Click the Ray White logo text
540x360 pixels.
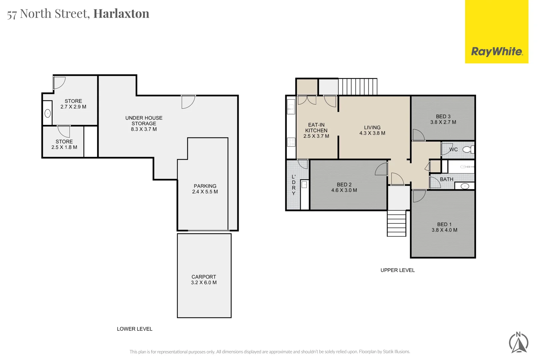pyautogui.click(x=497, y=52)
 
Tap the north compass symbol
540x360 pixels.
pyautogui.click(x=519, y=343)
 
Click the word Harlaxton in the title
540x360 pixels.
pyautogui.click(x=121, y=14)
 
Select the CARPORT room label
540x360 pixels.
pyautogui.click(x=204, y=277)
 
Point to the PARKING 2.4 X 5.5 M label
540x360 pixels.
pyautogui.click(x=205, y=189)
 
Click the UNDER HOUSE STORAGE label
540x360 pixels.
pyautogui.click(x=144, y=121)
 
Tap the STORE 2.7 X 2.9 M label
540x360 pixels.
pyautogui.click(x=73, y=104)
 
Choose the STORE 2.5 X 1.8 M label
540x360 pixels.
pyautogui.click(x=64, y=144)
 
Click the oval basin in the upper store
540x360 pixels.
pyautogui.click(x=48, y=114)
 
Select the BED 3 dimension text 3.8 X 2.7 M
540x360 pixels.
pyautogui.click(x=443, y=122)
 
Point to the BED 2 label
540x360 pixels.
pyautogui.click(x=344, y=185)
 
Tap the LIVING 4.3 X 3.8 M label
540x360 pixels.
pyautogui.click(x=372, y=130)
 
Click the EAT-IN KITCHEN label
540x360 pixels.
pyautogui.click(x=316, y=128)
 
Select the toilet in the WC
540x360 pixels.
pyautogui.click(x=468, y=149)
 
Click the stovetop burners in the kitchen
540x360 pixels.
pyautogui.click(x=291, y=142)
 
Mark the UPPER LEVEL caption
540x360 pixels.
pyautogui.click(x=398, y=270)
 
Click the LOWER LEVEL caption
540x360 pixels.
pyautogui.click(x=135, y=329)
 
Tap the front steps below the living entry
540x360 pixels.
pyautogui.click(x=396, y=223)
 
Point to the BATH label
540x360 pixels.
pyautogui.click(x=446, y=179)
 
